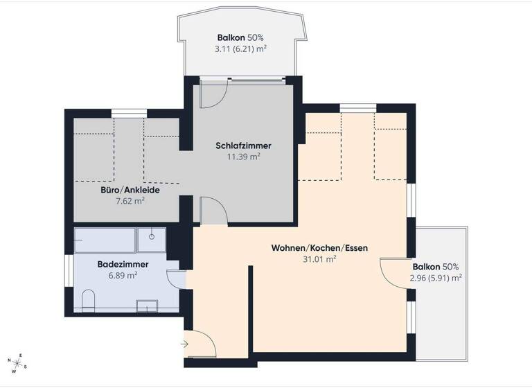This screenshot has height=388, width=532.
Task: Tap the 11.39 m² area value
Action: [x=243, y=157]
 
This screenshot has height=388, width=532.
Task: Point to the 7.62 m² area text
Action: [x=130, y=201]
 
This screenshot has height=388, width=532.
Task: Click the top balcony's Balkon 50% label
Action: [x=240, y=38]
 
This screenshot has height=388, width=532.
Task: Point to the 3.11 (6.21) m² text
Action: [x=240, y=49]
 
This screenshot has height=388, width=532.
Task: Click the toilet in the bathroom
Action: [x=88, y=300]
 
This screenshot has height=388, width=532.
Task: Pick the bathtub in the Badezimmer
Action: [x=105, y=240]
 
